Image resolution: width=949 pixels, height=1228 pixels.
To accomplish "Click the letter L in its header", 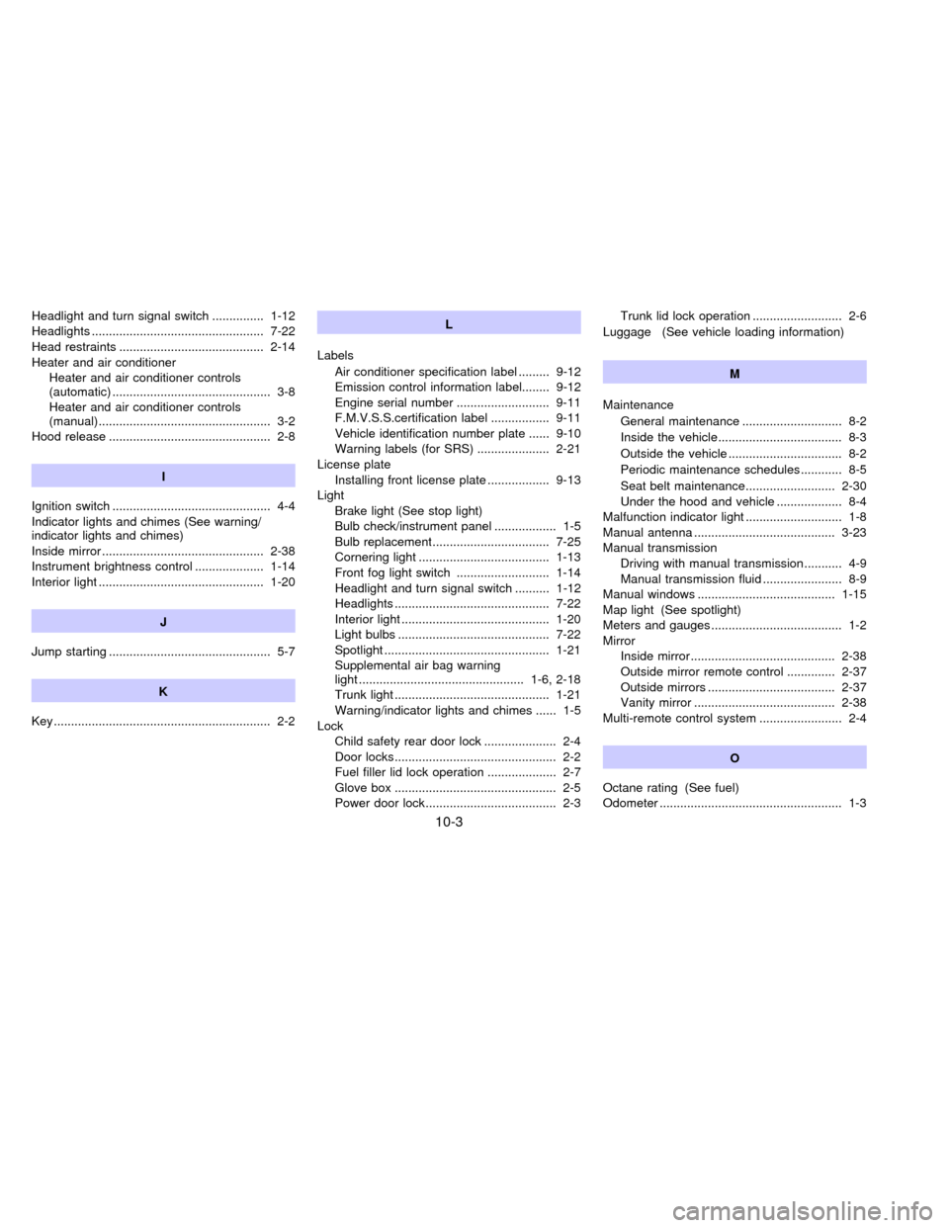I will (449, 323).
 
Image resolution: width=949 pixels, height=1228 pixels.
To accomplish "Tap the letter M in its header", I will (734, 373).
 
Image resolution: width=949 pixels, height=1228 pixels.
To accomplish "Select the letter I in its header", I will (163, 477).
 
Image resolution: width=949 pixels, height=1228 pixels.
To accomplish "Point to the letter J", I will (163, 622).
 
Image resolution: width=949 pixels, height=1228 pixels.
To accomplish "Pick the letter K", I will (163, 691).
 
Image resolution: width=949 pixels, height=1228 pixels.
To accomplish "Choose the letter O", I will (734, 757).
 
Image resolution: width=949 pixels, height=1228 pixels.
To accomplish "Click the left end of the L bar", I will (320, 323).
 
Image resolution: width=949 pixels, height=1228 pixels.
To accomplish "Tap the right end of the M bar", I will (863, 373).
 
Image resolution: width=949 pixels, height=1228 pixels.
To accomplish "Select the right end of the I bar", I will (292, 477).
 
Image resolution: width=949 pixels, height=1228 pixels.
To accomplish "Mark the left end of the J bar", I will (36, 622).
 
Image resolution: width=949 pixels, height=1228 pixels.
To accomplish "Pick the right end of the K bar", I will (292, 691).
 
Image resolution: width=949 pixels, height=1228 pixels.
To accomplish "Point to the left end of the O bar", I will (607, 757).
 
